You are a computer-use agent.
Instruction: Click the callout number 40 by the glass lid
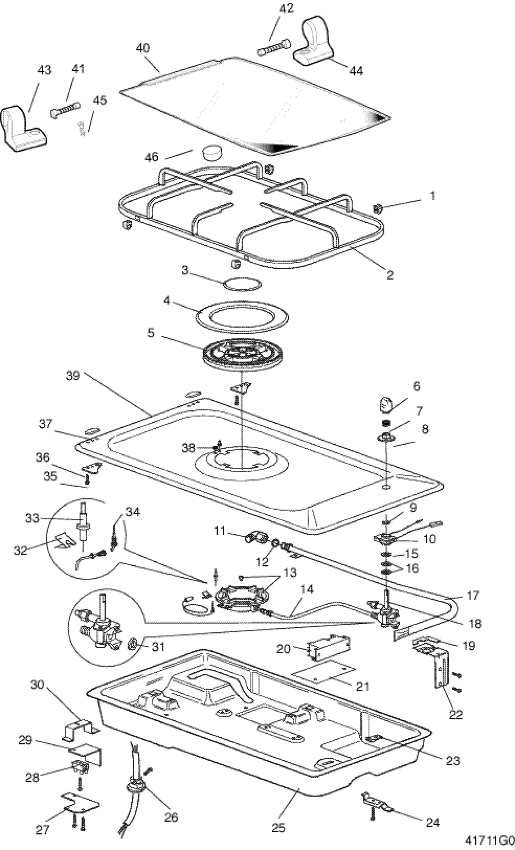click(x=143, y=48)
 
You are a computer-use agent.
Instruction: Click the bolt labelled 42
click(x=274, y=47)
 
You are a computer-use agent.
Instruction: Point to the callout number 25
click(x=278, y=828)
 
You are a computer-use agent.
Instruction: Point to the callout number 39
click(x=74, y=375)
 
